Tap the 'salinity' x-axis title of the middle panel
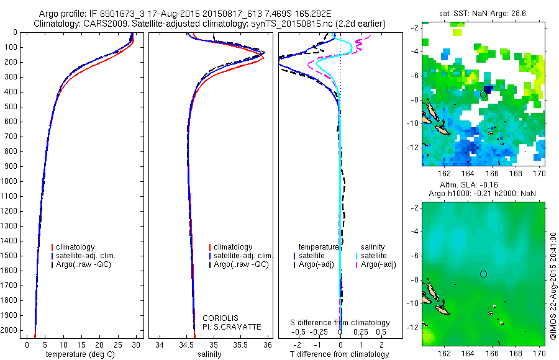[209, 354]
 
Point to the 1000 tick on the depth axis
[10, 181]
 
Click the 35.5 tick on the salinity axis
[240, 344]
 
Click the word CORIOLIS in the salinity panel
[220, 318]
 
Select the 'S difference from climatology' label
[340, 323]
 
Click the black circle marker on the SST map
[483, 94]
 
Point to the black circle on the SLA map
[483, 274]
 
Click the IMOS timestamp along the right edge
[553, 286]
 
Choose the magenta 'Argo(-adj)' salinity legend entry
[378, 264]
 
